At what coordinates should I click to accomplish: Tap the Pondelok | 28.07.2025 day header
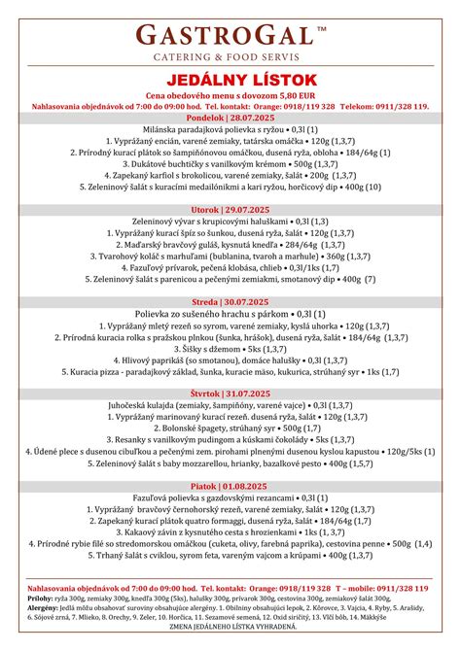tap(230, 117)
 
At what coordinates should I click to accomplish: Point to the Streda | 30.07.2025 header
tap(230, 301)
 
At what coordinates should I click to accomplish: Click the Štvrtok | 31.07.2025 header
tap(230, 394)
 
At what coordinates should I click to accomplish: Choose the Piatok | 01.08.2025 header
tap(230, 486)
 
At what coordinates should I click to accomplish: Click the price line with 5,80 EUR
tap(230, 94)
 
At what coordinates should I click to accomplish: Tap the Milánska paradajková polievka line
tap(230, 129)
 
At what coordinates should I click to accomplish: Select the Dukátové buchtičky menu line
tap(230, 164)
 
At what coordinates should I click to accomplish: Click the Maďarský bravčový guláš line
tap(230, 245)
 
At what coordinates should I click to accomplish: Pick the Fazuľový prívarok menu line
tap(230, 267)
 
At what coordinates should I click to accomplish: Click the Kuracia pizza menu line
tap(230, 371)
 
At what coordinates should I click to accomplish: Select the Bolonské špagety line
tap(230, 428)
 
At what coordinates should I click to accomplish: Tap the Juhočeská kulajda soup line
tap(230, 405)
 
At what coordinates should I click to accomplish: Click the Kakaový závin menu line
tap(230, 532)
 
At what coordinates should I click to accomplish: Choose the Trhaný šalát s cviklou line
tap(230, 556)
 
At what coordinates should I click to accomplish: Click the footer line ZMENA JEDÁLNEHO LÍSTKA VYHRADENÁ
tap(230, 628)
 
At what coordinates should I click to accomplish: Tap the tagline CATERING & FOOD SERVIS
tap(230, 58)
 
